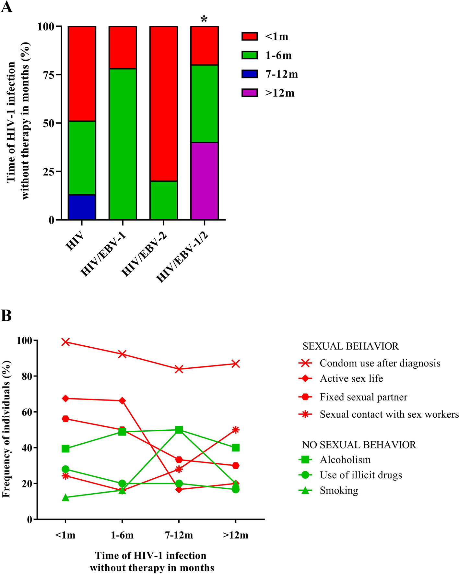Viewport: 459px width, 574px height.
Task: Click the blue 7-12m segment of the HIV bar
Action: click(x=82, y=207)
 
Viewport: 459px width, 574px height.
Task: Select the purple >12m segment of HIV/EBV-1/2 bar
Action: click(x=204, y=181)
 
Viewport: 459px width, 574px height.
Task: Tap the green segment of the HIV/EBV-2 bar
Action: click(x=163, y=200)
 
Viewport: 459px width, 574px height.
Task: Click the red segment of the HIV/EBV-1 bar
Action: click(x=123, y=47)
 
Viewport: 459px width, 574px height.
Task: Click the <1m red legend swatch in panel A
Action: click(x=250, y=36)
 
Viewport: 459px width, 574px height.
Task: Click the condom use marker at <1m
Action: click(x=65, y=342)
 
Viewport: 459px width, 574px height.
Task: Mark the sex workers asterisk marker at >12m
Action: click(x=236, y=430)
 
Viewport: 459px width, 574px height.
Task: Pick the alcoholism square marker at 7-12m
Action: click(x=179, y=430)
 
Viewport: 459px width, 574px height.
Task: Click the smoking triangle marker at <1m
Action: click(x=65, y=497)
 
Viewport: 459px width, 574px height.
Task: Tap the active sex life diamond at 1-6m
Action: click(x=122, y=401)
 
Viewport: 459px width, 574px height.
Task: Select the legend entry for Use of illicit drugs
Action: click(x=360, y=475)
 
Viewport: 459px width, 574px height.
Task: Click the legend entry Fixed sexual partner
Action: click(x=363, y=397)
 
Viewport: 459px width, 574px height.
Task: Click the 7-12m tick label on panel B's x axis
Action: click(x=179, y=535)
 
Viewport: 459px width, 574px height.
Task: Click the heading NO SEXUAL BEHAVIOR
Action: click(x=359, y=445)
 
